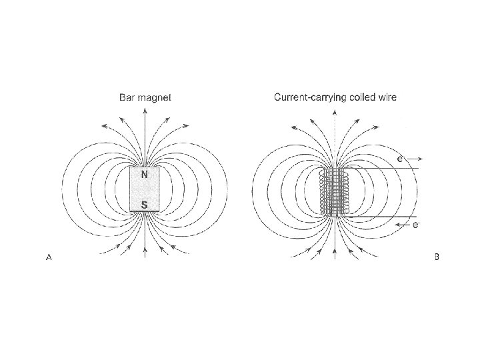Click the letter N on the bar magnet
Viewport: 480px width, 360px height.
pos(145,175)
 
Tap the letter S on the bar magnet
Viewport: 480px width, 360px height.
pos(145,205)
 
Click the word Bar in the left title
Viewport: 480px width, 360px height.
pos(127,97)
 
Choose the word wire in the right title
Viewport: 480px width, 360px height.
pos(386,97)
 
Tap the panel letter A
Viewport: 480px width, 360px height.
pos(49,257)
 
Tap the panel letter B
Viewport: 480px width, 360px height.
pos(437,257)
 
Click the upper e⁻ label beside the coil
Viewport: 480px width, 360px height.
pos(400,159)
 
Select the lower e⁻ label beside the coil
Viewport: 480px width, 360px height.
pos(416,225)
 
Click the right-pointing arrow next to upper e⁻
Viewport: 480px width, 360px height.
pos(415,159)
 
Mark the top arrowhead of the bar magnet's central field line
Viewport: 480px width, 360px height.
pos(145,111)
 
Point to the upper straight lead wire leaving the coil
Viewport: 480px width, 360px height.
pos(387,168)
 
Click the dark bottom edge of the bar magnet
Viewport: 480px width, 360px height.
pos(145,212)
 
